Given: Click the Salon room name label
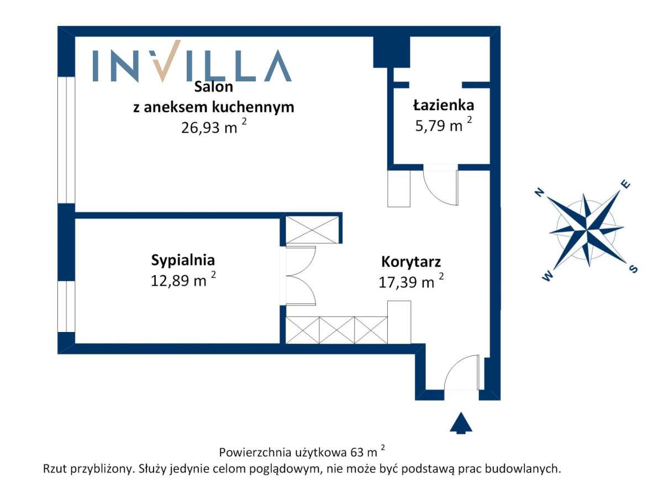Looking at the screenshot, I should tap(213, 87).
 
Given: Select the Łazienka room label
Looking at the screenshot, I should tap(443, 105).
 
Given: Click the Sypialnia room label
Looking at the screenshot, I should tap(182, 260).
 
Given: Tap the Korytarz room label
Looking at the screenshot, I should tap(411, 262).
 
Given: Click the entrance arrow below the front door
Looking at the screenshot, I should tap(461, 423).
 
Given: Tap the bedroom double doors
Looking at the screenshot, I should tap(301, 275).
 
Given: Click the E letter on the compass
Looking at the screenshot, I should tap(626, 185).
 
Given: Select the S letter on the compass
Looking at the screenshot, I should tap(633, 269).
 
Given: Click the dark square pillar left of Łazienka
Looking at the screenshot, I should tap(391, 51).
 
